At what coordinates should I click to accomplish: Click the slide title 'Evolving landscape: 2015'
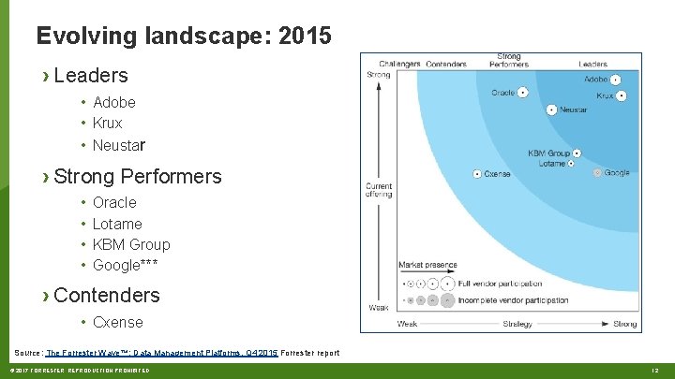tap(183, 36)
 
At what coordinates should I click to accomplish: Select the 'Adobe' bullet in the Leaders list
tap(113, 102)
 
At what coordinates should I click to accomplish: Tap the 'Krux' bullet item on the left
tap(107, 123)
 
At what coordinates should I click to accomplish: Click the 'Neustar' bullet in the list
tap(118, 145)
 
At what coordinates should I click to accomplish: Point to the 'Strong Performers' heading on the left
tap(138, 176)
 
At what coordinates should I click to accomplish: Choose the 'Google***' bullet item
tap(125, 265)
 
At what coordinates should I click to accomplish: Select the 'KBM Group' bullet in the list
tap(131, 244)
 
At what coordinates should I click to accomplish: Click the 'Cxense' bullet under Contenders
tap(117, 322)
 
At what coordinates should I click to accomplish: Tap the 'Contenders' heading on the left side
tap(107, 295)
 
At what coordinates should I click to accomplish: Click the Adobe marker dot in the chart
tap(616, 80)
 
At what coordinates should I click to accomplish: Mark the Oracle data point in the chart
tap(523, 92)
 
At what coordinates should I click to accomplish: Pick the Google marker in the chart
tap(597, 173)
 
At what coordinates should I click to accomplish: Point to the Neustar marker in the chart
tap(552, 109)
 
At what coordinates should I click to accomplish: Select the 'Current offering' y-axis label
tap(379, 190)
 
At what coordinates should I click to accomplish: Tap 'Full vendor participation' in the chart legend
tap(501, 283)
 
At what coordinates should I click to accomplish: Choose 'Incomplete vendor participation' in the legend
tap(513, 300)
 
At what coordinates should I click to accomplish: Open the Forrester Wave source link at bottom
tap(161, 353)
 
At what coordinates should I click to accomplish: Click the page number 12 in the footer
tap(655, 372)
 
